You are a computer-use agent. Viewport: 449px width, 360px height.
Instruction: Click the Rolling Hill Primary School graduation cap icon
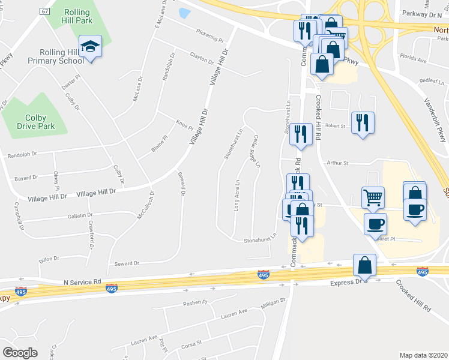click(x=91, y=46)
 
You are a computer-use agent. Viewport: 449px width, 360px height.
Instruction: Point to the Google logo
click(x=20, y=353)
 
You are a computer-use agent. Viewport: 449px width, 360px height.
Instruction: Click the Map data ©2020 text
click(x=423, y=355)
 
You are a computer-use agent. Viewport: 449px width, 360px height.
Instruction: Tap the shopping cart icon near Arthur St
click(x=373, y=196)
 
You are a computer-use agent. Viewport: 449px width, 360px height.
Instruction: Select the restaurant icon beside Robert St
click(x=363, y=122)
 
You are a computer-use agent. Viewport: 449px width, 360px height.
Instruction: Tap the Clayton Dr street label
click(x=202, y=58)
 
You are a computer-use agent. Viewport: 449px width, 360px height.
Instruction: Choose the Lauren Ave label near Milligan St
click(x=234, y=313)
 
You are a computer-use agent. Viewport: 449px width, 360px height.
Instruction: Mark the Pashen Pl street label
click(x=195, y=302)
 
